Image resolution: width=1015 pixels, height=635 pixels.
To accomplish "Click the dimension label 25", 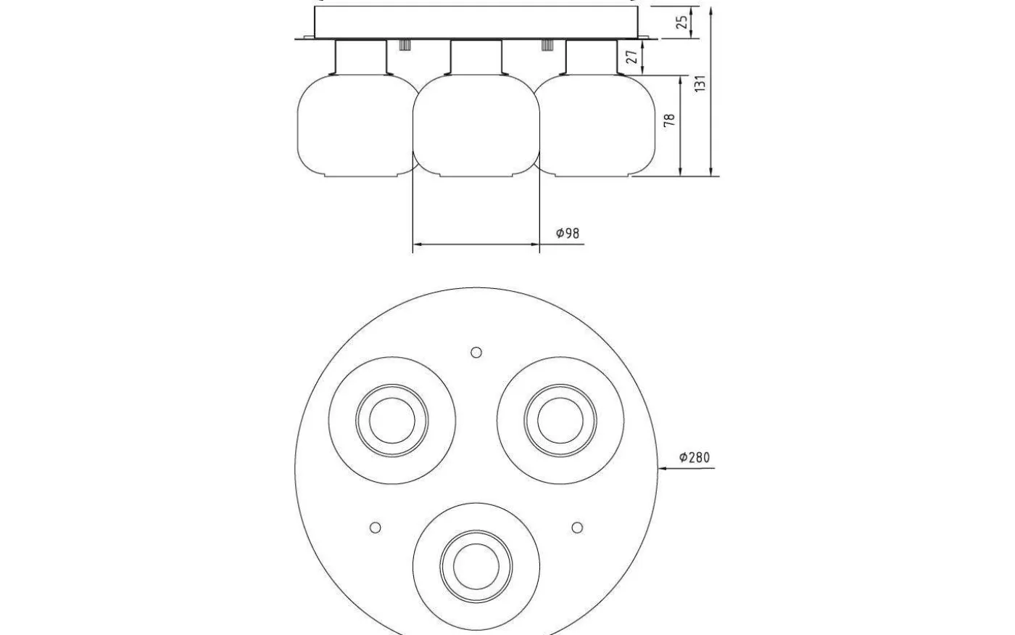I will coord(681,22).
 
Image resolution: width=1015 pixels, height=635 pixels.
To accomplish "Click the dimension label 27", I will coord(631,57).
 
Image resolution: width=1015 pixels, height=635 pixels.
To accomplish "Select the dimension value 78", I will coord(670,120).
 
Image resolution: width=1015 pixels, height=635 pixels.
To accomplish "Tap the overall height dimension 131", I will coord(700,83).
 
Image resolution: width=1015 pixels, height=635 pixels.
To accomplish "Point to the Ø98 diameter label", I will coord(568,233).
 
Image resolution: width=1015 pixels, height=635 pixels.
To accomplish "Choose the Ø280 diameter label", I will coord(695,457).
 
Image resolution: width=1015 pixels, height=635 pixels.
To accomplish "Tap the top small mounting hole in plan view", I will coord(476,352).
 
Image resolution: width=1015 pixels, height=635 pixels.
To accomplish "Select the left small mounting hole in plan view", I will coord(375,528).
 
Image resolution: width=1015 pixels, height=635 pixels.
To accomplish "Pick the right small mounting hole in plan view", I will coord(577,528).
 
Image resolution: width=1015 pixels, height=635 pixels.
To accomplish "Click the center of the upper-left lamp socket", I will coord(392,420).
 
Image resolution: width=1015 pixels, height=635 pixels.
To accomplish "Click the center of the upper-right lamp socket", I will coord(561,420).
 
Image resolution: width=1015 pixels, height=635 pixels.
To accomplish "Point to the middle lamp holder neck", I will coord(476,57).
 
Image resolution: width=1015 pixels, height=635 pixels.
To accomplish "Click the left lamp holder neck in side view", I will coord(361,57).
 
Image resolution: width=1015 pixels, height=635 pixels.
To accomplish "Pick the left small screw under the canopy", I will coord(405,44).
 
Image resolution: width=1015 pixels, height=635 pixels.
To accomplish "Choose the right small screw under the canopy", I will coord(548,44).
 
